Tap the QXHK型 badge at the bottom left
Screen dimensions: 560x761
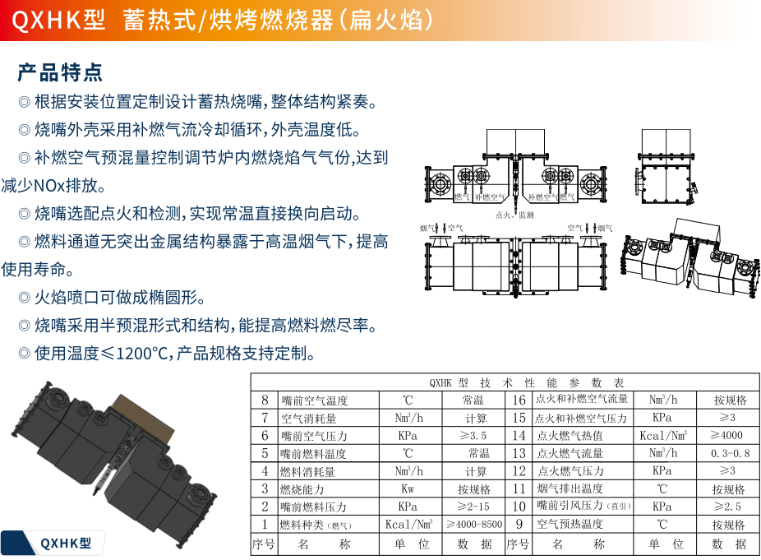[x=67, y=542]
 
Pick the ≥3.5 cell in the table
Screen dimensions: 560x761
[x=473, y=435]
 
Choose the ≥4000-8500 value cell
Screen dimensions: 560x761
[x=474, y=524]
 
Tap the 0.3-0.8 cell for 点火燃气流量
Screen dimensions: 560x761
[x=730, y=453]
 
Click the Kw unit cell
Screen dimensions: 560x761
[x=408, y=488]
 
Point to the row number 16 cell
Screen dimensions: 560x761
[x=519, y=400]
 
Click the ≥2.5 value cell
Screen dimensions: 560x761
[x=729, y=507]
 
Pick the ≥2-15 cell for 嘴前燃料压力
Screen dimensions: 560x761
[x=474, y=507]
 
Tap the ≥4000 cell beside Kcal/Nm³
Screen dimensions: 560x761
[x=729, y=436]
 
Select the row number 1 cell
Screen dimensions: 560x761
[x=265, y=524]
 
